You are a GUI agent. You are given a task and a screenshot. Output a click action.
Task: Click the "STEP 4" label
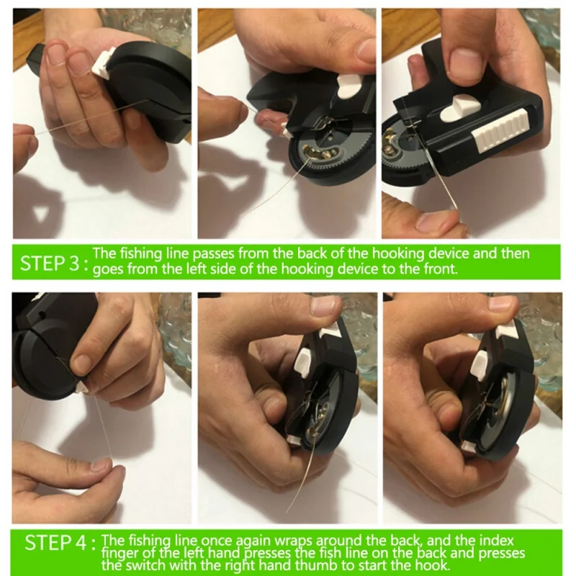[55, 543]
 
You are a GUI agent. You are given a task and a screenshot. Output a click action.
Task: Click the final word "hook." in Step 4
[433, 564]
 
